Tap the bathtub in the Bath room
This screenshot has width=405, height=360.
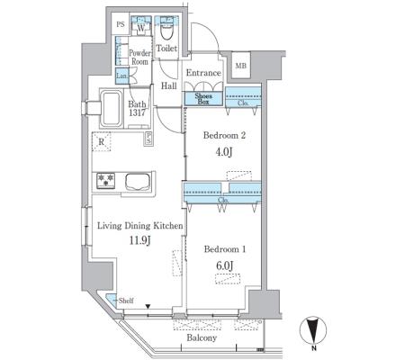point(111,109)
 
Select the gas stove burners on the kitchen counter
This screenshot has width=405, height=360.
point(105,181)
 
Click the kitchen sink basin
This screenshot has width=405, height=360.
point(138,182)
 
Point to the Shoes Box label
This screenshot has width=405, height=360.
point(203,99)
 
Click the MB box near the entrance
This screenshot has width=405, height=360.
point(240,66)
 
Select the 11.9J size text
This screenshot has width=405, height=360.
point(139,240)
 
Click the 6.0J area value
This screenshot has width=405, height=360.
point(224,265)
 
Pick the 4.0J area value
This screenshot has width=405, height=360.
point(224,152)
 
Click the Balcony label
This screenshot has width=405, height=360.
point(202,337)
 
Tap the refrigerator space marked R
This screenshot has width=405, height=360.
point(102,141)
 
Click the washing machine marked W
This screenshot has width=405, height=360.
point(140,28)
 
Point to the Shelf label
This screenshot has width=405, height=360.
point(126,301)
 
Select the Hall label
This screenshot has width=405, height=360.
point(169,86)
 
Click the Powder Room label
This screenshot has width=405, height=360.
point(139,58)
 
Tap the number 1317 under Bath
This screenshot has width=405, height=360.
point(138,113)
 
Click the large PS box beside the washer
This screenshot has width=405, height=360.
point(121,24)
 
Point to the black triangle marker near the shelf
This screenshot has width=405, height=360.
point(148,306)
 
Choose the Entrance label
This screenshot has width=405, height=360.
point(203,73)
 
